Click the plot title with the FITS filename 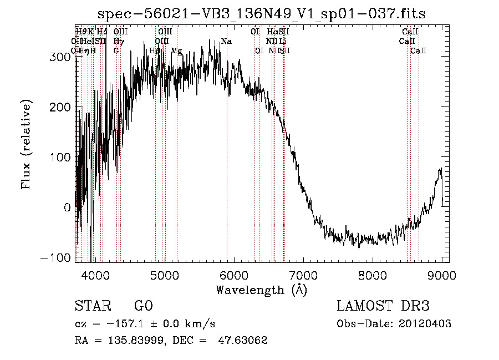point(262,14)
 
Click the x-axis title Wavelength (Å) point(261,290)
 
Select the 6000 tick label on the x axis point(233,275)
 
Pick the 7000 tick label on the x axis point(303,275)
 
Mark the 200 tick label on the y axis point(62,107)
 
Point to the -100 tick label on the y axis point(58,258)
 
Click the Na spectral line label point(226,41)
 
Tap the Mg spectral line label point(176,50)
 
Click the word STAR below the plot point(91,306)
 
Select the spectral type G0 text point(143,306)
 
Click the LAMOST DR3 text point(383,306)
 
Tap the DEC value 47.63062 point(243,341)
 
